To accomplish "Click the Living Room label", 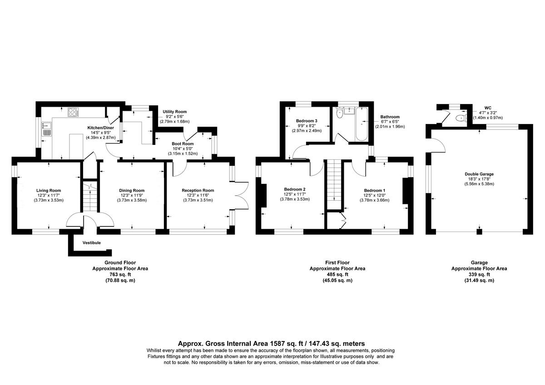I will (x=49, y=190).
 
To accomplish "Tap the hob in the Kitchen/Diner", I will (x=73, y=112).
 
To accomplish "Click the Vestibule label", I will (x=91, y=243).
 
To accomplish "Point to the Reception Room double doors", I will (x=242, y=195).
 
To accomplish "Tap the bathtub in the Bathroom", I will (x=362, y=125).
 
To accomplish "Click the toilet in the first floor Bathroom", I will (x=339, y=114).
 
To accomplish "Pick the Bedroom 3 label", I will (x=306, y=120).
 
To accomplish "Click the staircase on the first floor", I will (x=334, y=184).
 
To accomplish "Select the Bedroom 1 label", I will (x=375, y=190).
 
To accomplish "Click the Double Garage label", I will (x=479, y=174).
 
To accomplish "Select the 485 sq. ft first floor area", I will (x=337, y=274).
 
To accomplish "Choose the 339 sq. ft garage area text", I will (x=479, y=274).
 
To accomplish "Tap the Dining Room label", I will (x=132, y=190).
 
